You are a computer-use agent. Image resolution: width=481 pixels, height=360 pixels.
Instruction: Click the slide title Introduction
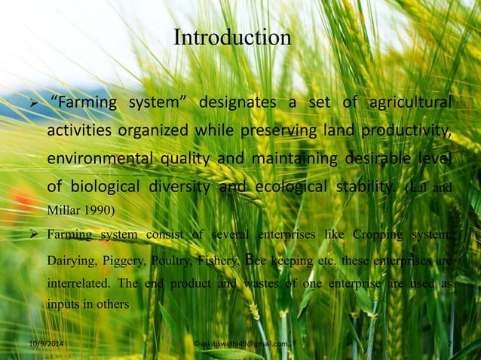click(x=231, y=37)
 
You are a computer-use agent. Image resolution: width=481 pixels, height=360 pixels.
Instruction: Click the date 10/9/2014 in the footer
click(x=41, y=343)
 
